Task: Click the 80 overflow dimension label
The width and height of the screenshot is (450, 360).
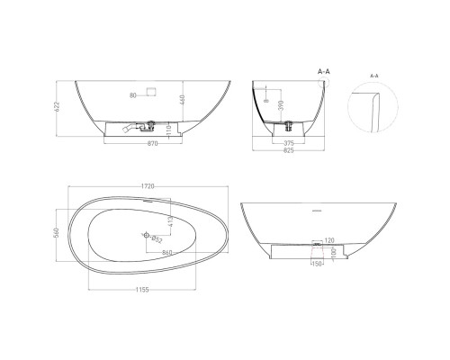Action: [x=132, y=94]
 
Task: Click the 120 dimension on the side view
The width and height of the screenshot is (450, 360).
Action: [x=329, y=241]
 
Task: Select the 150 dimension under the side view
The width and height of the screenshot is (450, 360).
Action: [x=317, y=265]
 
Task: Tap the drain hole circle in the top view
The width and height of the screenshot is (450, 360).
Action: [x=145, y=234]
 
